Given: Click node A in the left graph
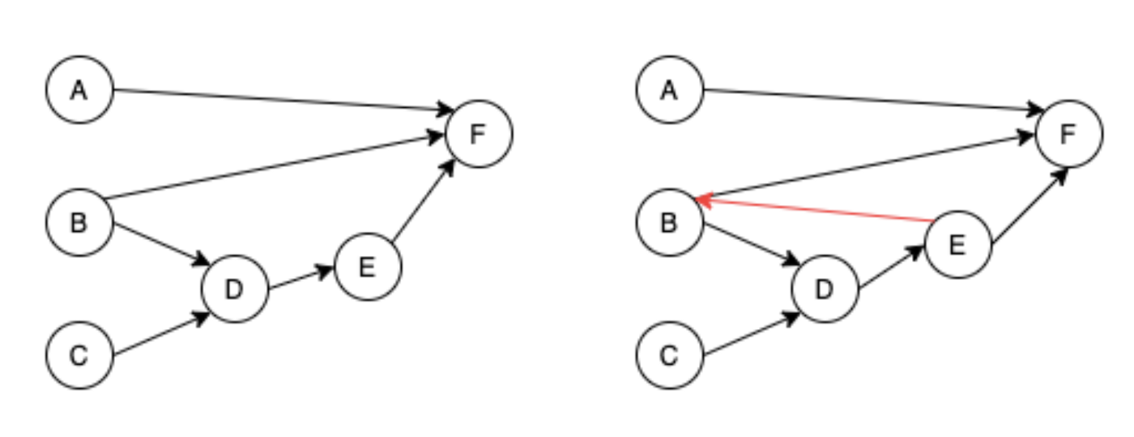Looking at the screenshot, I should click(79, 89).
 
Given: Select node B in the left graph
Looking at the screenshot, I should click(79, 222).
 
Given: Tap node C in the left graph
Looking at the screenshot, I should click(79, 355).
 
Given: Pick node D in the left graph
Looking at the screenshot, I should click(234, 289).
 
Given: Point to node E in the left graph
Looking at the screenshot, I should click(367, 267).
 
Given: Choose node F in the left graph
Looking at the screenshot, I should click(478, 134).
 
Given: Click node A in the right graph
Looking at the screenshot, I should click(669, 89).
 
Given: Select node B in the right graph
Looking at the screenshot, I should click(669, 222).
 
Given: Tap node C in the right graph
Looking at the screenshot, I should click(669, 355).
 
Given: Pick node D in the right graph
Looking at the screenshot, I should click(824, 289).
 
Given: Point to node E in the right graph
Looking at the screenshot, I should click(957, 244).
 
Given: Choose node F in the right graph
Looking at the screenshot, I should click(1068, 134).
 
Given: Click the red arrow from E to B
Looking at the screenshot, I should click(818, 209).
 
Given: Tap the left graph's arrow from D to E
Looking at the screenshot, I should click(300, 278).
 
